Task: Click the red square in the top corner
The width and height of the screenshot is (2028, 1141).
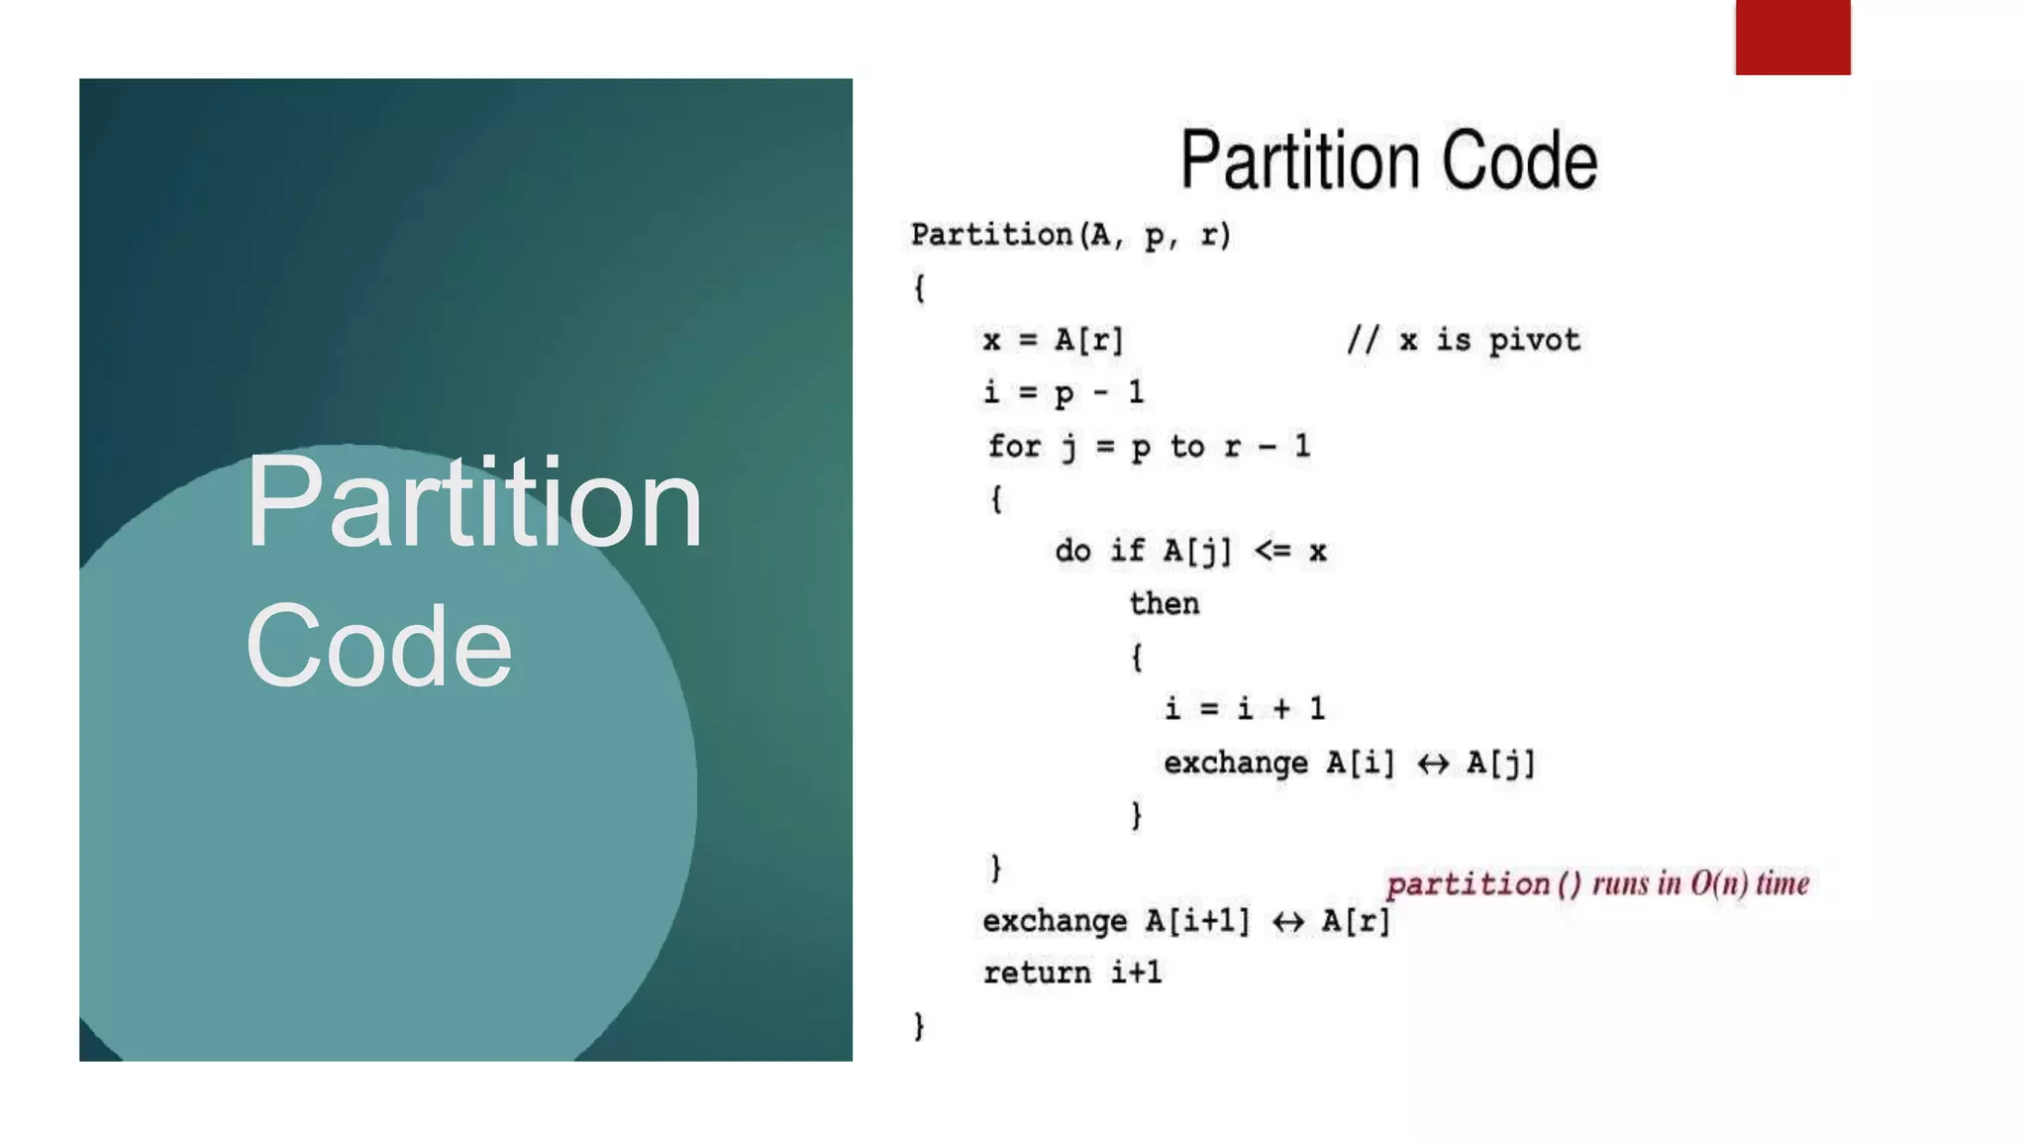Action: click(x=1792, y=37)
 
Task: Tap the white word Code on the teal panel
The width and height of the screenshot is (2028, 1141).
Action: click(x=378, y=646)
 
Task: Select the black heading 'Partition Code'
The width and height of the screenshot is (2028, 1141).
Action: click(x=1388, y=159)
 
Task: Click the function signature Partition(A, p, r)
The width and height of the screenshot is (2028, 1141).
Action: click(x=1070, y=236)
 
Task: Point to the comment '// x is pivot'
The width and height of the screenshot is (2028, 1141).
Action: click(x=1463, y=341)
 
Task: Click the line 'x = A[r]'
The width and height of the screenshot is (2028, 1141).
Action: click(x=1054, y=341)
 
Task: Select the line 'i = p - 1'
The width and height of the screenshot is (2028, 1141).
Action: click(x=1064, y=393)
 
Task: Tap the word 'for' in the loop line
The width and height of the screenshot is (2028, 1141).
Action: click(x=1014, y=446)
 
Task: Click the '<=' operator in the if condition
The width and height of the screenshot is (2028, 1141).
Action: click(x=1272, y=551)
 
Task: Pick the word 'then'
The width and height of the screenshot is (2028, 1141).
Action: click(x=1165, y=603)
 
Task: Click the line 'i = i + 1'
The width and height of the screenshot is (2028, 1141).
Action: click(x=1244, y=709)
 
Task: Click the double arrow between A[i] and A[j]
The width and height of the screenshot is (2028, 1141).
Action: click(x=1432, y=764)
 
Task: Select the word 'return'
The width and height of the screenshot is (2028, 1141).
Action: click(x=1037, y=974)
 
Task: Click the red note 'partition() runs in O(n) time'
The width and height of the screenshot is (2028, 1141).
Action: click(x=1596, y=883)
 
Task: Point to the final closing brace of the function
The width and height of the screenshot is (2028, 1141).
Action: click(x=919, y=1025)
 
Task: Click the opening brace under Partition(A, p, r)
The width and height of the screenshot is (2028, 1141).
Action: click(x=919, y=288)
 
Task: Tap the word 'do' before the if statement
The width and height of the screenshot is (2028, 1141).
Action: click(x=1072, y=551)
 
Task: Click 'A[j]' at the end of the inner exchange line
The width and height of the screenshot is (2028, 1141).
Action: click(x=1500, y=764)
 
